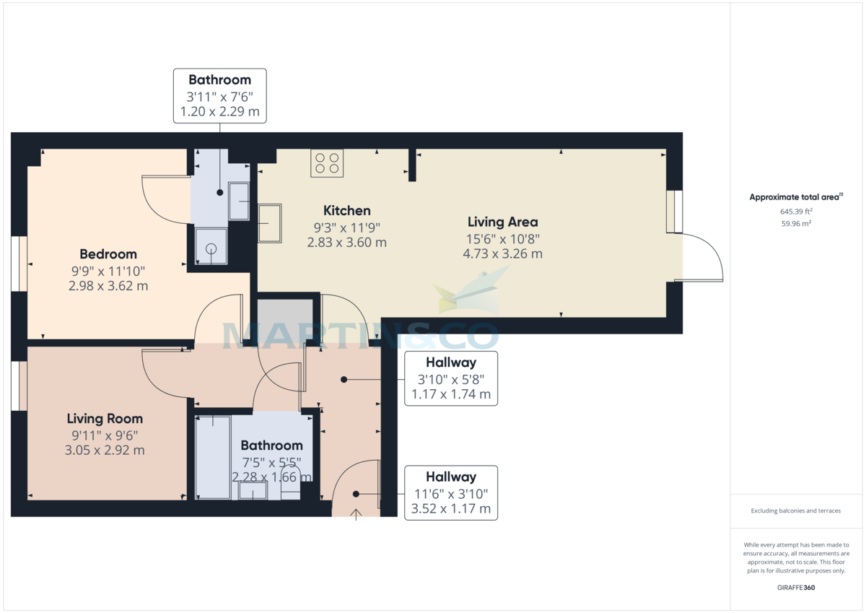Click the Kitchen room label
[x=346, y=211]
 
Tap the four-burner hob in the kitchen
[x=327, y=162]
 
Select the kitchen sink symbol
[x=270, y=223]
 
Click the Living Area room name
[x=502, y=222]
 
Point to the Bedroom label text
[x=108, y=254]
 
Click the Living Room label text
[x=105, y=419]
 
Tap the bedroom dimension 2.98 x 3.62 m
[x=108, y=286]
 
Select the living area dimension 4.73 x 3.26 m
[x=502, y=254]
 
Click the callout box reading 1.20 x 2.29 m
[x=220, y=113]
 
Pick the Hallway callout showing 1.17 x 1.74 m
[x=450, y=394]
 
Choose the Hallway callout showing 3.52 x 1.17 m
[x=450, y=509]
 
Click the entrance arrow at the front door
[x=356, y=513]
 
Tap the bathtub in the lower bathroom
[x=213, y=456]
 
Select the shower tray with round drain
[x=211, y=247]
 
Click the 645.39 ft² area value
[x=796, y=212]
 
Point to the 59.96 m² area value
[x=796, y=224]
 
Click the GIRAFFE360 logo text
[x=796, y=588]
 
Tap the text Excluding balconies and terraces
[x=796, y=511]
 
